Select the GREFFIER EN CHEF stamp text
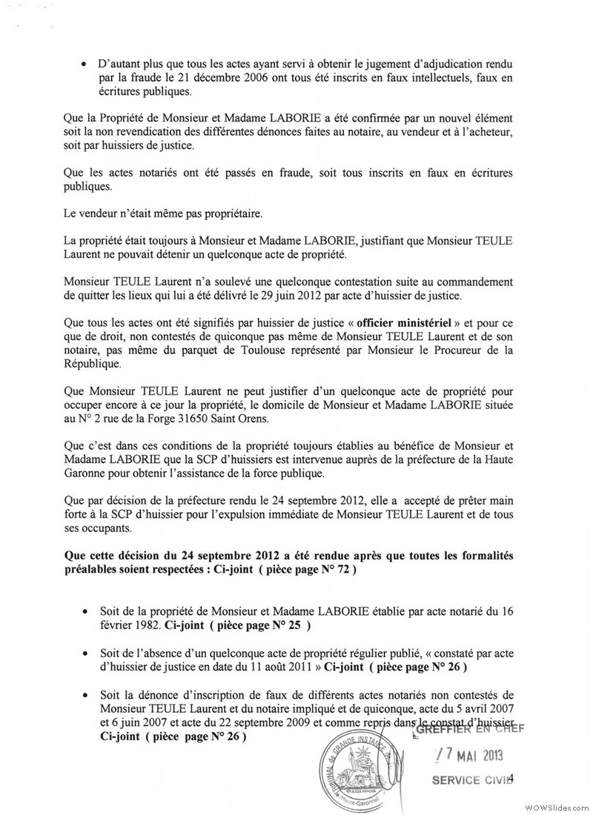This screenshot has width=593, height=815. coord(470,728)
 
